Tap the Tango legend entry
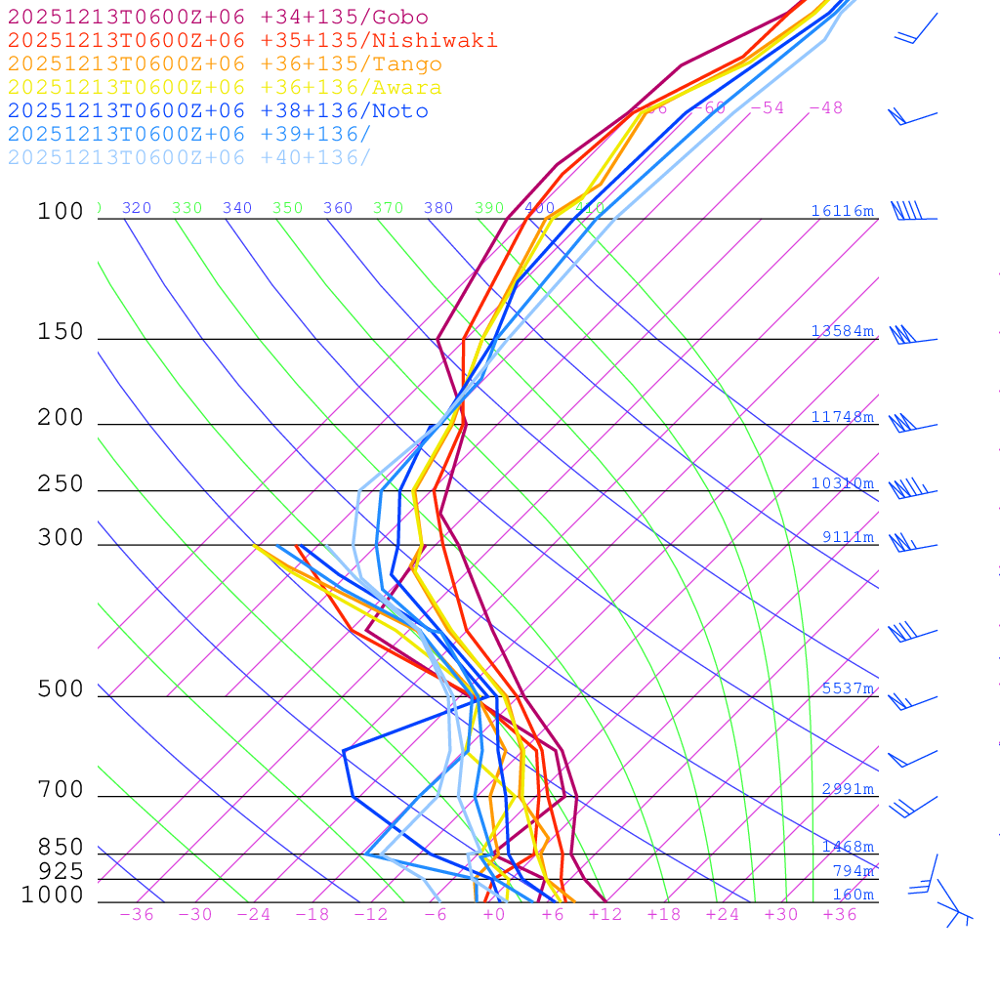click(x=225, y=64)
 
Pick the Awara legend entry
click(x=225, y=88)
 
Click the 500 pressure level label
click(x=62, y=689)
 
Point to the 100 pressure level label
click(x=62, y=212)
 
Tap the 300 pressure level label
click(x=62, y=538)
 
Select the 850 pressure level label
click(x=62, y=848)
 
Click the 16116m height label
click(x=842, y=211)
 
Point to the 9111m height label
click(x=848, y=537)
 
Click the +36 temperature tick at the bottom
click(x=840, y=915)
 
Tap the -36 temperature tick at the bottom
click(x=137, y=915)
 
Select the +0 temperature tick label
click(x=494, y=915)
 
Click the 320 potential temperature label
click(x=137, y=208)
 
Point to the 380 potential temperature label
click(x=438, y=208)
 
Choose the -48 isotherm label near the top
click(x=826, y=108)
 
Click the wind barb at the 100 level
click(x=908, y=211)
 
